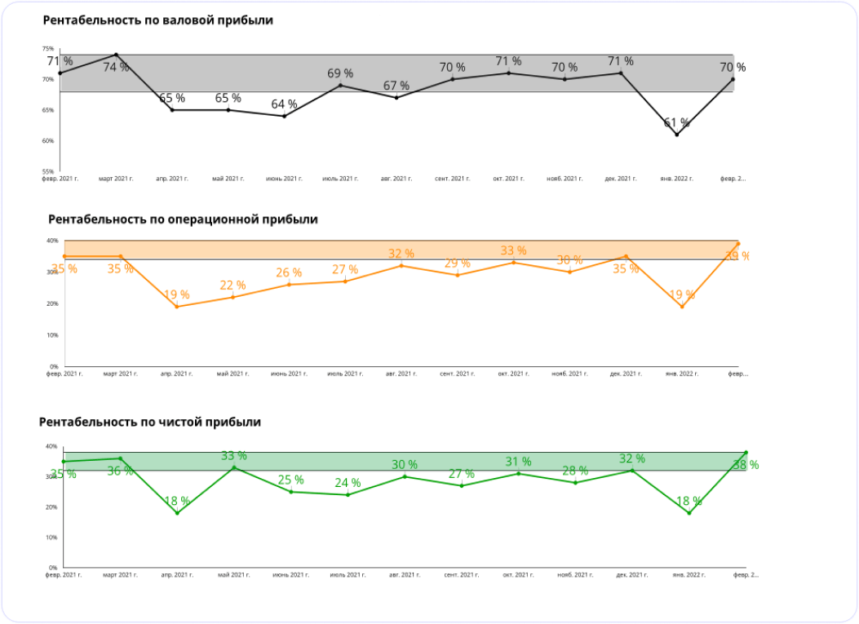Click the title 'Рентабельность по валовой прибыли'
coord(157,20)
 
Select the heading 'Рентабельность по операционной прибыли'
coord(183,219)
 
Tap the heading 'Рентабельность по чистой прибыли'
coord(150,422)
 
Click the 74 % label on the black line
coord(116,68)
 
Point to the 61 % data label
coord(676,123)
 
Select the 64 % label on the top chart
coord(284,104)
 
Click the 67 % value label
coord(396,86)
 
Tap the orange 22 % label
coord(232,285)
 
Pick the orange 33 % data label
coord(513,250)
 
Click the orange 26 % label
coord(289,272)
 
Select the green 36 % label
coord(120,471)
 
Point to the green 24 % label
coord(348,483)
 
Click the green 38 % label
coord(746,465)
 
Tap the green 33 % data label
coord(234,456)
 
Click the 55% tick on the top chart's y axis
coord(49,171)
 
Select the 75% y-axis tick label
coord(49,49)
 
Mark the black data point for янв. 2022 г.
coord(676,135)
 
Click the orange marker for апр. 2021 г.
coord(177,307)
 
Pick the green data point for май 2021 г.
coord(234,467)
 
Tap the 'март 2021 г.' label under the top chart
coord(115,178)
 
